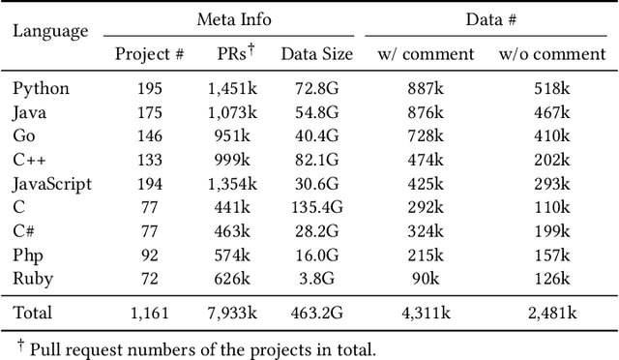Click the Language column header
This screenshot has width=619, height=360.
pyautogui.click(x=49, y=30)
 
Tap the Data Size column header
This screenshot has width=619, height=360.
pyautogui.click(x=316, y=54)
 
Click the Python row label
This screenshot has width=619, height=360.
pyautogui.click(x=42, y=89)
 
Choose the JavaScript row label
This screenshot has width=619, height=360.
pyautogui.click(x=52, y=184)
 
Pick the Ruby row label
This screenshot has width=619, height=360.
pyautogui.click(x=33, y=279)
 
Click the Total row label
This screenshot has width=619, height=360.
pyautogui.click(x=33, y=313)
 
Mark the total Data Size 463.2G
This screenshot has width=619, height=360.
pyautogui.click(x=316, y=313)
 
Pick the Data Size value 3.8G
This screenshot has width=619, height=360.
pyautogui.click(x=316, y=279)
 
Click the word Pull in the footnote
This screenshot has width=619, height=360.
pyautogui.click(x=44, y=348)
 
